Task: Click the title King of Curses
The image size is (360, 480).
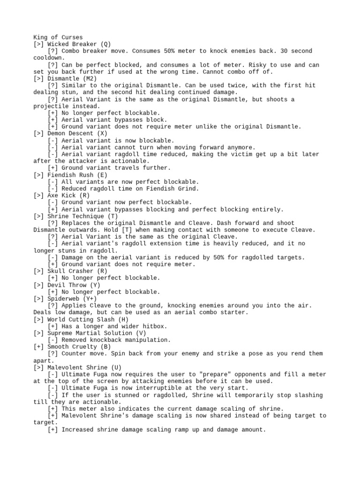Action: (x=58, y=37)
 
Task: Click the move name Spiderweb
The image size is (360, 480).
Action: (x=63, y=299)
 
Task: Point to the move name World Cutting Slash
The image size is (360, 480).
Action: (x=81, y=319)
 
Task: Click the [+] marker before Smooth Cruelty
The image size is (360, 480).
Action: (x=39, y=347)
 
